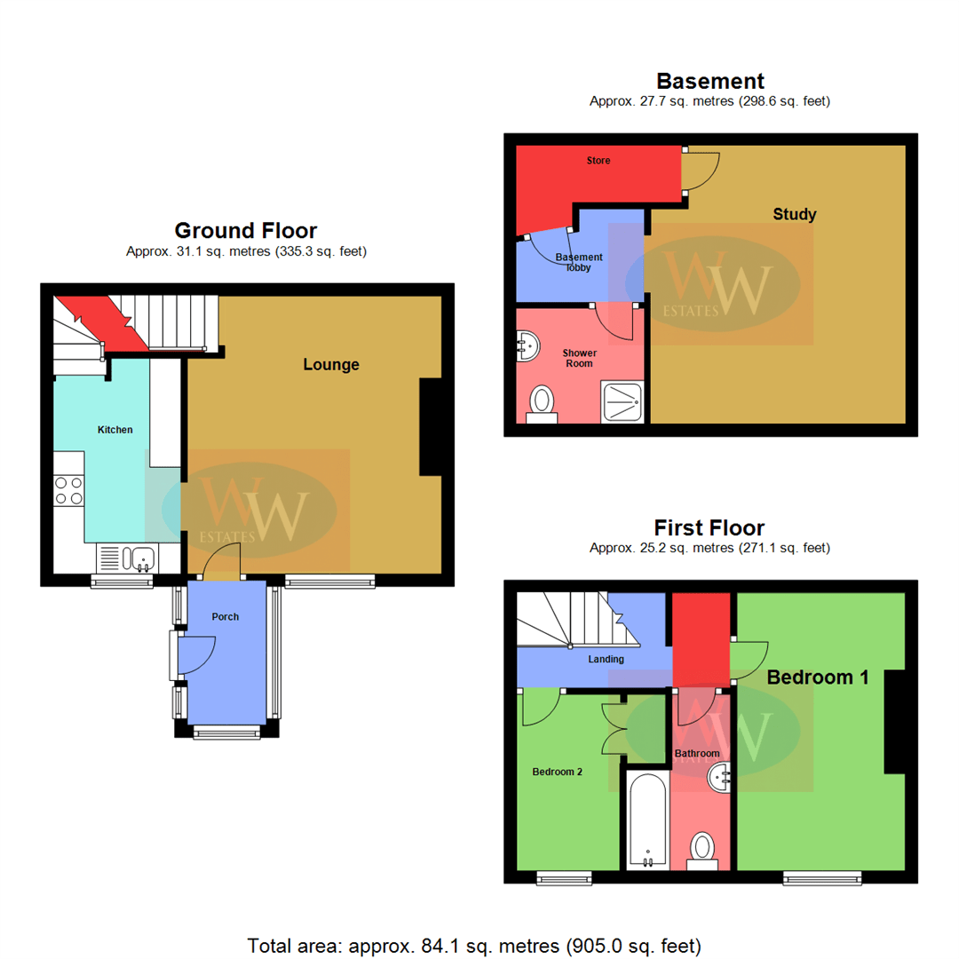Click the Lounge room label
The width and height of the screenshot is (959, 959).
point(331,364)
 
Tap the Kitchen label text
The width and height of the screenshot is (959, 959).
point(115,430)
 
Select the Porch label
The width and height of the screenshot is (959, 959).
point(226,616)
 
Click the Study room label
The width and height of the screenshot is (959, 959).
point(794,214)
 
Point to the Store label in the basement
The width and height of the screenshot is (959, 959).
point(598,161)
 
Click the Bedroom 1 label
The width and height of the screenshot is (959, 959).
point(817,677)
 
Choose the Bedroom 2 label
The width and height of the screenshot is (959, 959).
point(557,772)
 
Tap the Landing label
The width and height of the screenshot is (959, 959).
point(606,659)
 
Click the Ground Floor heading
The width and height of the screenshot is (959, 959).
point(246,231)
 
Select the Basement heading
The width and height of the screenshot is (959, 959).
point(709,82)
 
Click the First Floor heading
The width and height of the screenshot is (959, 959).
point(709,527)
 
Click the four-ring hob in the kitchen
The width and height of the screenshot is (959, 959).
point(69,490)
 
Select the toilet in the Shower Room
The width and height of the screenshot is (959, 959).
point(541,404)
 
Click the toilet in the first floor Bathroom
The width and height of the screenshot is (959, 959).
point(702,848)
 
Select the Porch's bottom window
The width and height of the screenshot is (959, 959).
point(226,732)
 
